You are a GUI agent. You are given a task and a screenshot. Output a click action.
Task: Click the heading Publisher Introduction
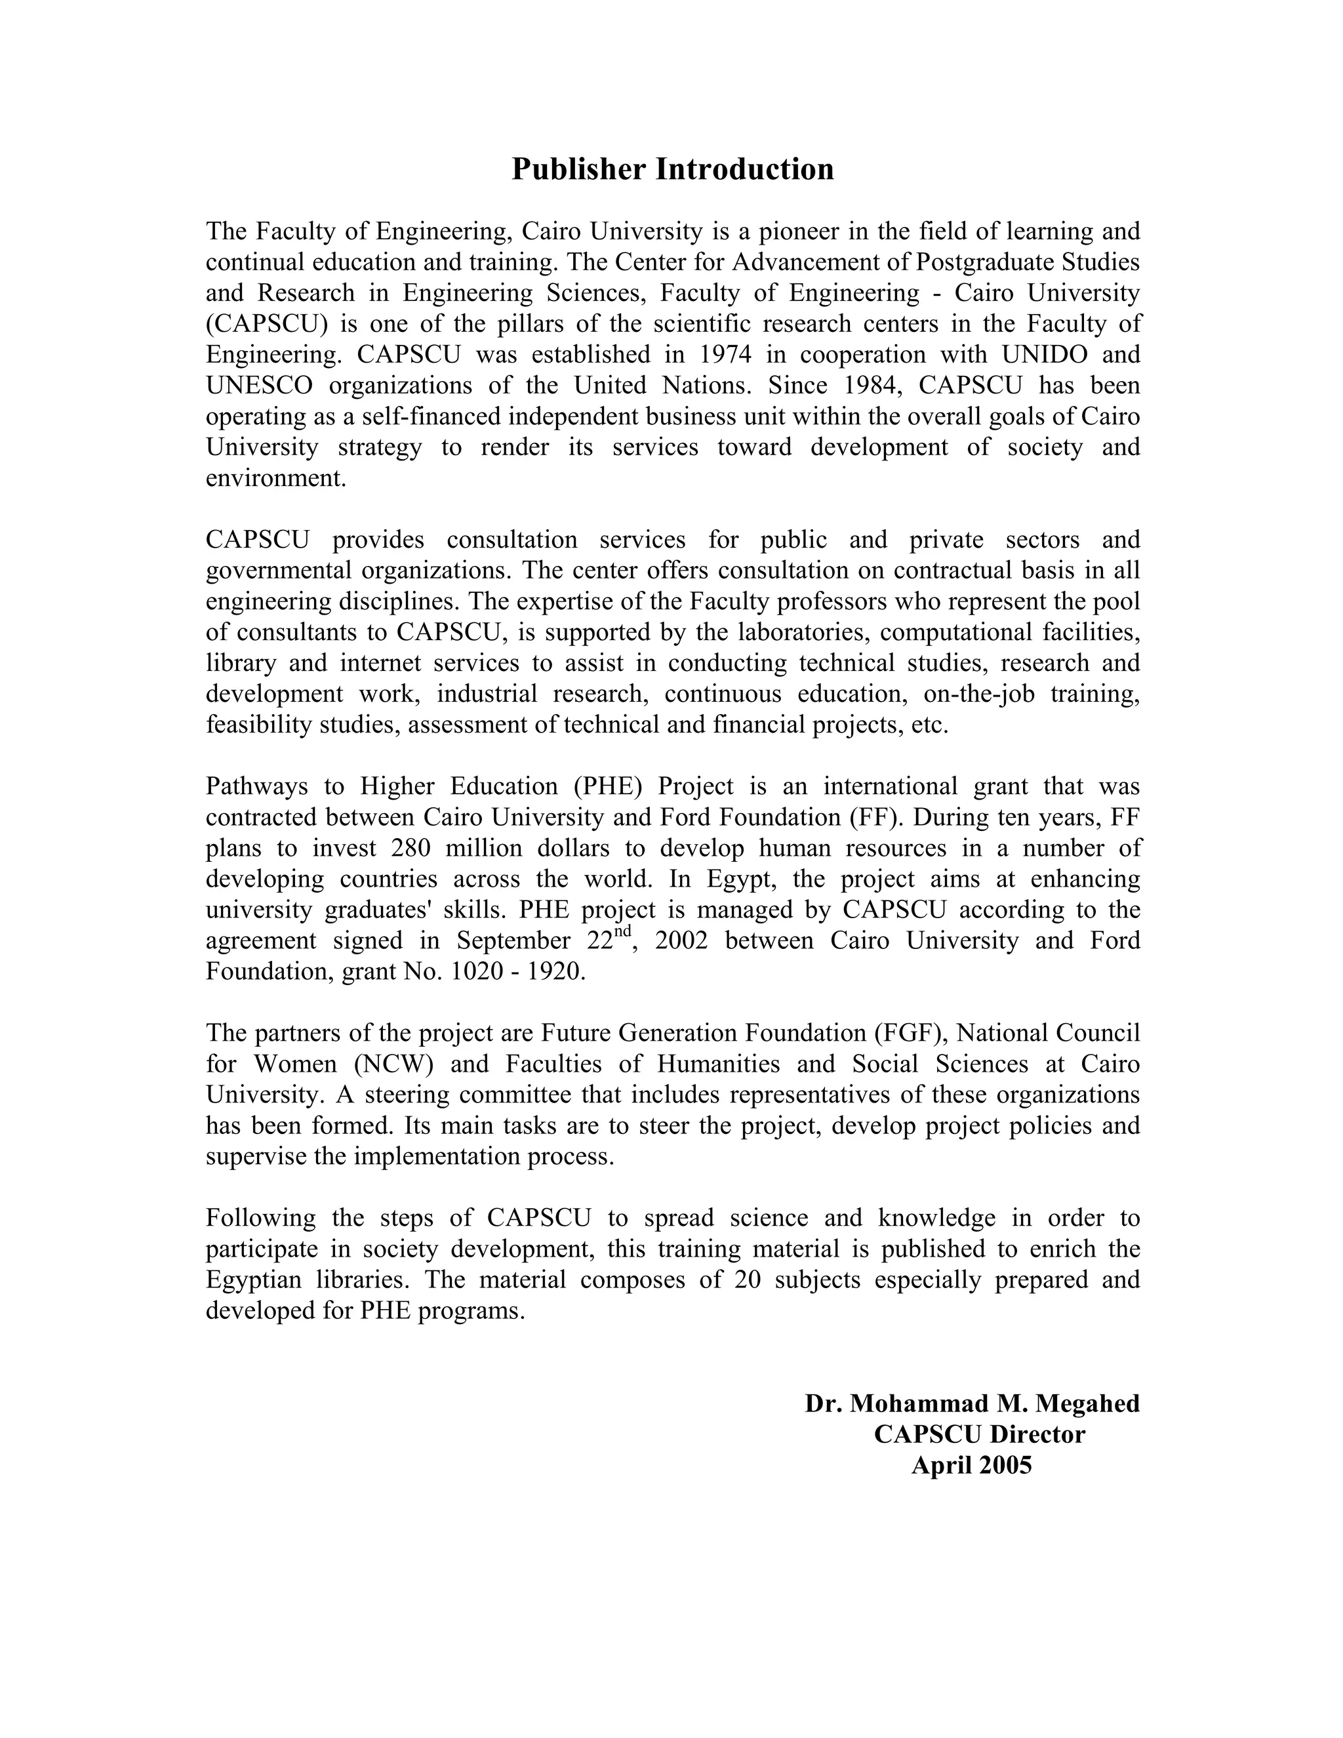[x=672, y=169]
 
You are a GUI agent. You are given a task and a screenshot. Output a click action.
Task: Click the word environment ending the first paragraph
[x=275, y=478]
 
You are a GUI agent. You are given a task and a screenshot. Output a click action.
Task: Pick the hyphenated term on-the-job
[x=978, y=694]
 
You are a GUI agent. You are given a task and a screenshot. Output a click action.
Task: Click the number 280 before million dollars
[x=411, y=848]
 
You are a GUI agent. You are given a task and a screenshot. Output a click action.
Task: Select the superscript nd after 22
[x=624, y=932]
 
